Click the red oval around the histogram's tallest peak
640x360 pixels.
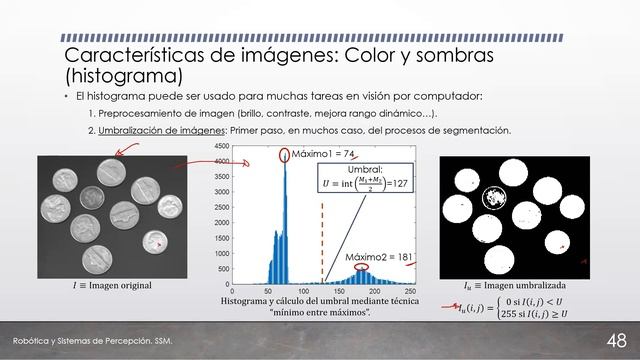pos(286,154)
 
